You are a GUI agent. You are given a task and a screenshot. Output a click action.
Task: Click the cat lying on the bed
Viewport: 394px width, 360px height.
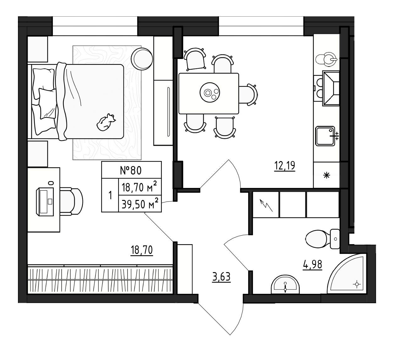click(106, 122)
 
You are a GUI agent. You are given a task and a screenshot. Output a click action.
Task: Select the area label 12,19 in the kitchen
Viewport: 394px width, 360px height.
click(285, 166)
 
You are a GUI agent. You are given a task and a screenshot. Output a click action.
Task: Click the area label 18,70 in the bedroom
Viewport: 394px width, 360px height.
click(142, 250)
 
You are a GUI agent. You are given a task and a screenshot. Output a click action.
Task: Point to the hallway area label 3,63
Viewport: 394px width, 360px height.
click(222, 277)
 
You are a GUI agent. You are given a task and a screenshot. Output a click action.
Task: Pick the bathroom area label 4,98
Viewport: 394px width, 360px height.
click(313, 265)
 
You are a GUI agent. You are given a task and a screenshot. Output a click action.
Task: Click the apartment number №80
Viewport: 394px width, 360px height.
click(131, 170)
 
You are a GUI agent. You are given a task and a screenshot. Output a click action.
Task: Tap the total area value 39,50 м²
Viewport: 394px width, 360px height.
click(140, 204)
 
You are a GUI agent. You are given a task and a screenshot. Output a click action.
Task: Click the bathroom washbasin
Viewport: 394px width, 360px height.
click(285, 285)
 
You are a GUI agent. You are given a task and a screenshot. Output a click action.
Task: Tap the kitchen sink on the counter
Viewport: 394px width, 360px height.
click(325, 136)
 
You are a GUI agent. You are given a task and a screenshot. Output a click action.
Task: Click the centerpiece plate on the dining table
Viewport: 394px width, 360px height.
click(210, 93)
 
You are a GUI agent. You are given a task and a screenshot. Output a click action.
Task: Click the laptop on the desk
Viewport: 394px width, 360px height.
click(45, 202)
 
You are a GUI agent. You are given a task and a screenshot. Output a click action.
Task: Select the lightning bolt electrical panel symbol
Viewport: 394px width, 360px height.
click(266, 205)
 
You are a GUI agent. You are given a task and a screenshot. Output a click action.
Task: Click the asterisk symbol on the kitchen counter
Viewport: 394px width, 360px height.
click(327, 175)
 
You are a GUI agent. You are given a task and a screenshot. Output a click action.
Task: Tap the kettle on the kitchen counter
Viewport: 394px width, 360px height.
click(327, 59)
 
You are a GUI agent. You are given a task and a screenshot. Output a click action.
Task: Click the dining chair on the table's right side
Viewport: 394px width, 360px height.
click(248, 95)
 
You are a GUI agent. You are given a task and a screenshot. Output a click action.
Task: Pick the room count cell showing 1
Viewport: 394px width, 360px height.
click(110, 196)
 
